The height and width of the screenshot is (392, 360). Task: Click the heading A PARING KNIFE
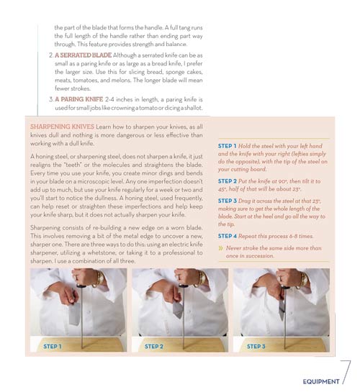pyautogui.click(x=77, y=98)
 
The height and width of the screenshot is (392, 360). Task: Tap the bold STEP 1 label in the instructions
pyautogui.click(x=229, y=146)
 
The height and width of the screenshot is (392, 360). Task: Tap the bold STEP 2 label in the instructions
pyautogui.click(x=229, y=181)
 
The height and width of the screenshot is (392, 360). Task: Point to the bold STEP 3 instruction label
pyautogui.click(x=229, y=199)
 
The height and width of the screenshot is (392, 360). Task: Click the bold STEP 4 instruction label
pyautogui.click(x=229, y=235)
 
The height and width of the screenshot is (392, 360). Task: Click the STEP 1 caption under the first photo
pyautogui.click(x=53, y=346)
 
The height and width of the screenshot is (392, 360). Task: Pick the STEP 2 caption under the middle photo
pyautogui.click(x=153, y=346)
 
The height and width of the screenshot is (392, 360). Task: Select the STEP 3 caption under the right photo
pyautogui.click(x=256, y=346)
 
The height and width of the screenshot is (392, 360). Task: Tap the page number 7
pyautogui.click(x=345, y=373)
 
